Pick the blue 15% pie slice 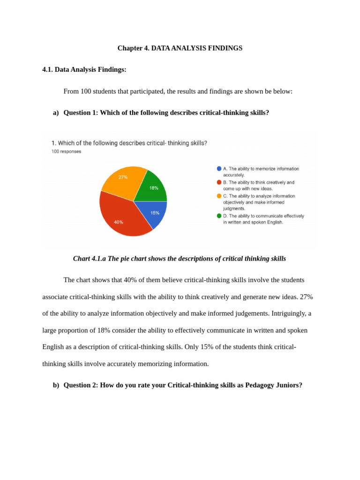(x=152, y=213)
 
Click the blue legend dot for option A (x=219, y=169)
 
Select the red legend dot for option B (x=219, y=182)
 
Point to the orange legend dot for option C (x=219, y=196)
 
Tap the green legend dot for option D (x=219, y=216)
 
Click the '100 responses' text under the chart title (x=66, y=152)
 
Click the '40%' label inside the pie (x=119, y=222)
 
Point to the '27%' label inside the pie (x=123, y=177)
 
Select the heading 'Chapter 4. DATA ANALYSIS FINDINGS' (x=180, y=48)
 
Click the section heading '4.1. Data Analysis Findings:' (x=84, y=70)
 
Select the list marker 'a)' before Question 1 (x=56, y=113)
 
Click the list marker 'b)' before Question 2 (x=56, y=385)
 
